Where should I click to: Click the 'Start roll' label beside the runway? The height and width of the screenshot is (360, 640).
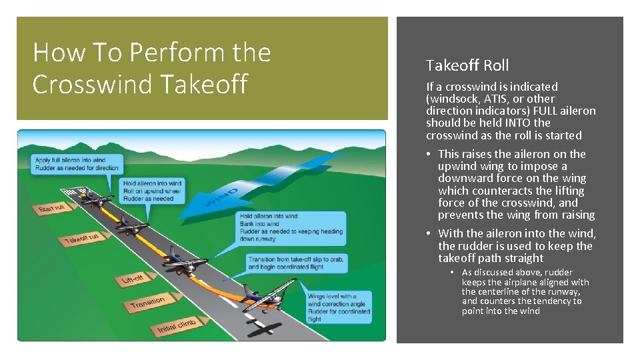point(51,209)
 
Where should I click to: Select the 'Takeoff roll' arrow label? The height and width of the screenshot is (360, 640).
point(82,239)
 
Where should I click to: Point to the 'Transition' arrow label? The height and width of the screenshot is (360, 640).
point(147,303)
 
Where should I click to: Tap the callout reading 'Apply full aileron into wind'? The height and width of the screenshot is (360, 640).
point(77,164)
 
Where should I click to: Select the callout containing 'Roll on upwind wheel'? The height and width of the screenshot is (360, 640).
point(152,191)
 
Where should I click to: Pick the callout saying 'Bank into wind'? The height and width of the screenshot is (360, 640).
point(291,227)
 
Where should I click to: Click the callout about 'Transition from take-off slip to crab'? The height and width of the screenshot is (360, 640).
point(296,263)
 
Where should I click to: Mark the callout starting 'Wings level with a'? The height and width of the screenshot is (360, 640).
point(337,307)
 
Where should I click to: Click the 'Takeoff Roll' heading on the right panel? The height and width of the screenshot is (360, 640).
point(467,65)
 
